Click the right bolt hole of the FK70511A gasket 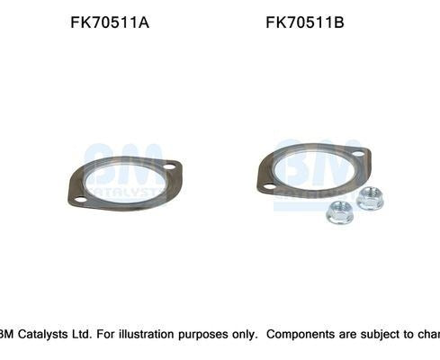(168, 166)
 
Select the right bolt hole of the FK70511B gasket (357, 154)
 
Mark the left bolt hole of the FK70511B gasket (268, 185)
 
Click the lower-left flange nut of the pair (338, 212)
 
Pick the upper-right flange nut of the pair (369, 197)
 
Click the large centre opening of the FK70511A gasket (124, 183)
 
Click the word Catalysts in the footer (44, 334)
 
